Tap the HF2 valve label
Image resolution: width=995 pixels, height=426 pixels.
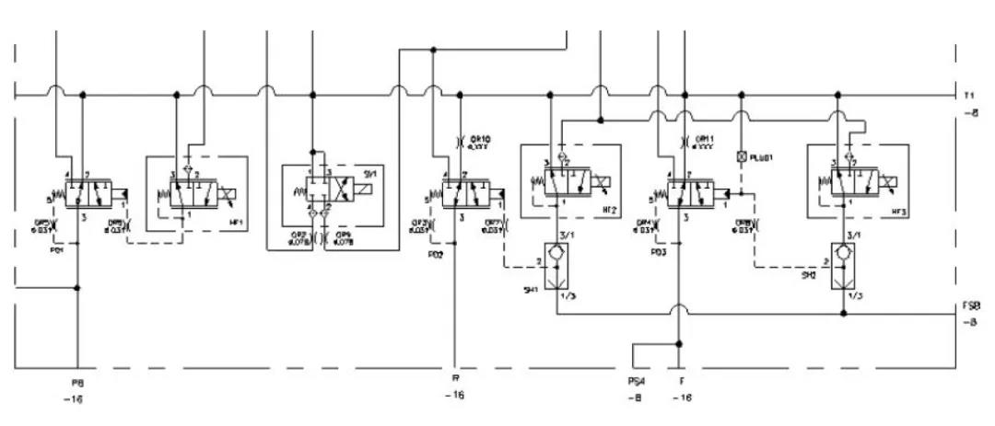(x=608, y=210)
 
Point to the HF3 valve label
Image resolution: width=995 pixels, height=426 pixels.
(x=894, y=210)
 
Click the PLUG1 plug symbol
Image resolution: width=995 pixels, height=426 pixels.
(x=741, y=157)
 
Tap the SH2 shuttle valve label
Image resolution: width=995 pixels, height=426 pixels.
(x=808, y=274)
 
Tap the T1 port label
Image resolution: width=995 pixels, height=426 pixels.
(x=969, y=96)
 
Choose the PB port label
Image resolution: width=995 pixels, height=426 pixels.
(x=77, y=380)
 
